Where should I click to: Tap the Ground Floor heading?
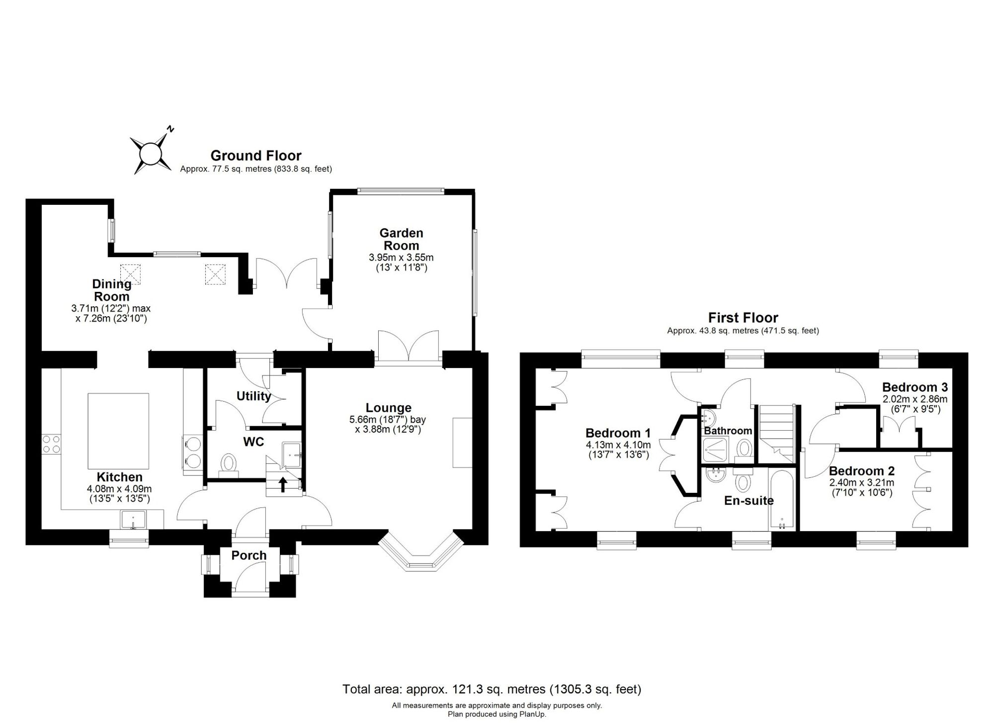point(256,156)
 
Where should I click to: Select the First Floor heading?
point(743,317)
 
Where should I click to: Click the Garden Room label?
point(401,239)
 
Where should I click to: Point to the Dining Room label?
point(112,290)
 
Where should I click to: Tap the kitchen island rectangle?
point(118,431)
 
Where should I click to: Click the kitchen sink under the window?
point(133,520)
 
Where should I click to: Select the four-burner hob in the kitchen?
point(51,444)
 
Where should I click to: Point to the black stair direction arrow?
point(283,484)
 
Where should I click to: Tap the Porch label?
point(249,555)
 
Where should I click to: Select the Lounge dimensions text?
point(388,424)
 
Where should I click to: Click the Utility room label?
point(253,396)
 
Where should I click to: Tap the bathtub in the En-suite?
point(782,499)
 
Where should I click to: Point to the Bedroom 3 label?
point(915,387)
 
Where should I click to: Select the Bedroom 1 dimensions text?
point(618,450)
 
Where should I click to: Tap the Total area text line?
point(492,689)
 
